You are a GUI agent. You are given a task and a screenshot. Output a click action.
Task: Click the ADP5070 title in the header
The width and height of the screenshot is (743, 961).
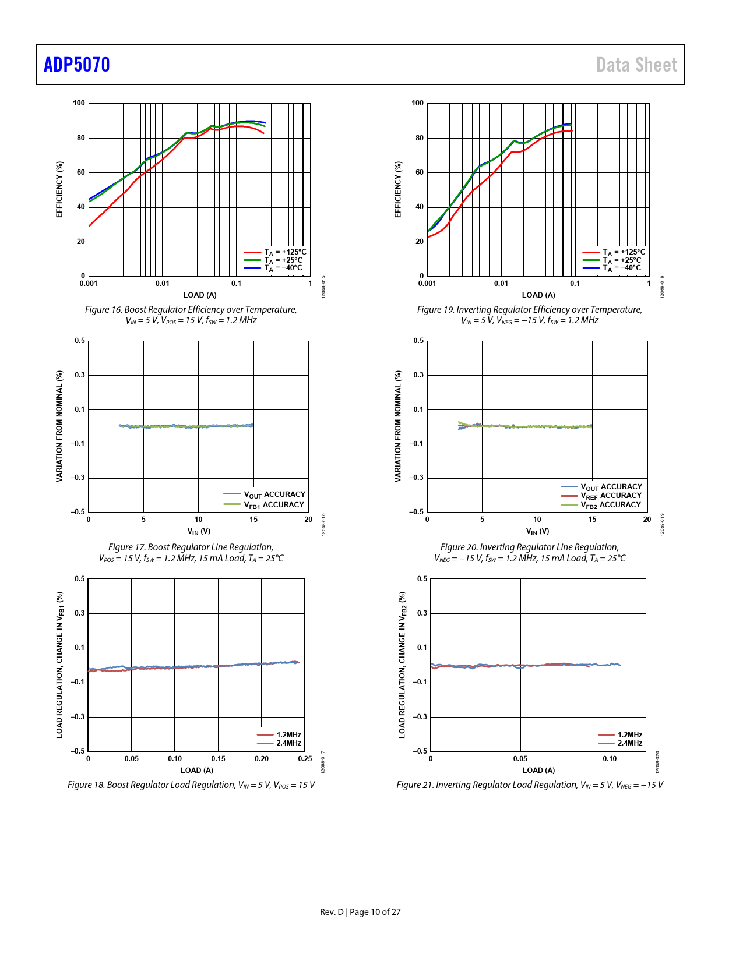(77, 65)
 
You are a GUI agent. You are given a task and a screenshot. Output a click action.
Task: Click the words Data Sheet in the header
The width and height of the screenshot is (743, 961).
(636, 65)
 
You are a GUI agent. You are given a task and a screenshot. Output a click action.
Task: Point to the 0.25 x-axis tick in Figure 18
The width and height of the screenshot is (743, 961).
(305, 759)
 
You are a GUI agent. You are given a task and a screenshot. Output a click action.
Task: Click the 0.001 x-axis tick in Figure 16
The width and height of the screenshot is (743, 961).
(89, 284)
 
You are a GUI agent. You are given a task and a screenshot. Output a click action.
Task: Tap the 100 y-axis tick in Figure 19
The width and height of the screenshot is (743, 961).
(418, 103)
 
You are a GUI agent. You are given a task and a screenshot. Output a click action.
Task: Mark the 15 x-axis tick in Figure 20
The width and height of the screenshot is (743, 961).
(592, 520)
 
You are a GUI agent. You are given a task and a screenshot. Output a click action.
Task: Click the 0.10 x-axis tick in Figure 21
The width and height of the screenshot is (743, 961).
(610, 759)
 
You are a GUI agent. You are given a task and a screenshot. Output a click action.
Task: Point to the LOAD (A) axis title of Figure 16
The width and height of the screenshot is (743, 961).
(200, 295)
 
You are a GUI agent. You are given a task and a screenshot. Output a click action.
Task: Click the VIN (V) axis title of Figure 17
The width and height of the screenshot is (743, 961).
(199, 531)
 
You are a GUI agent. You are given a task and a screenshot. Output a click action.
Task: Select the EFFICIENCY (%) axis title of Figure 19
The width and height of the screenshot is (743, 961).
(399, 189)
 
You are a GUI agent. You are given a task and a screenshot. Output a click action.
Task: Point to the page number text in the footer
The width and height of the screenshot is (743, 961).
(360, 912)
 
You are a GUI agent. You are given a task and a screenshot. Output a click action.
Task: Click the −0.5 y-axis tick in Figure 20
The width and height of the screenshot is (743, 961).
(417, 512)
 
